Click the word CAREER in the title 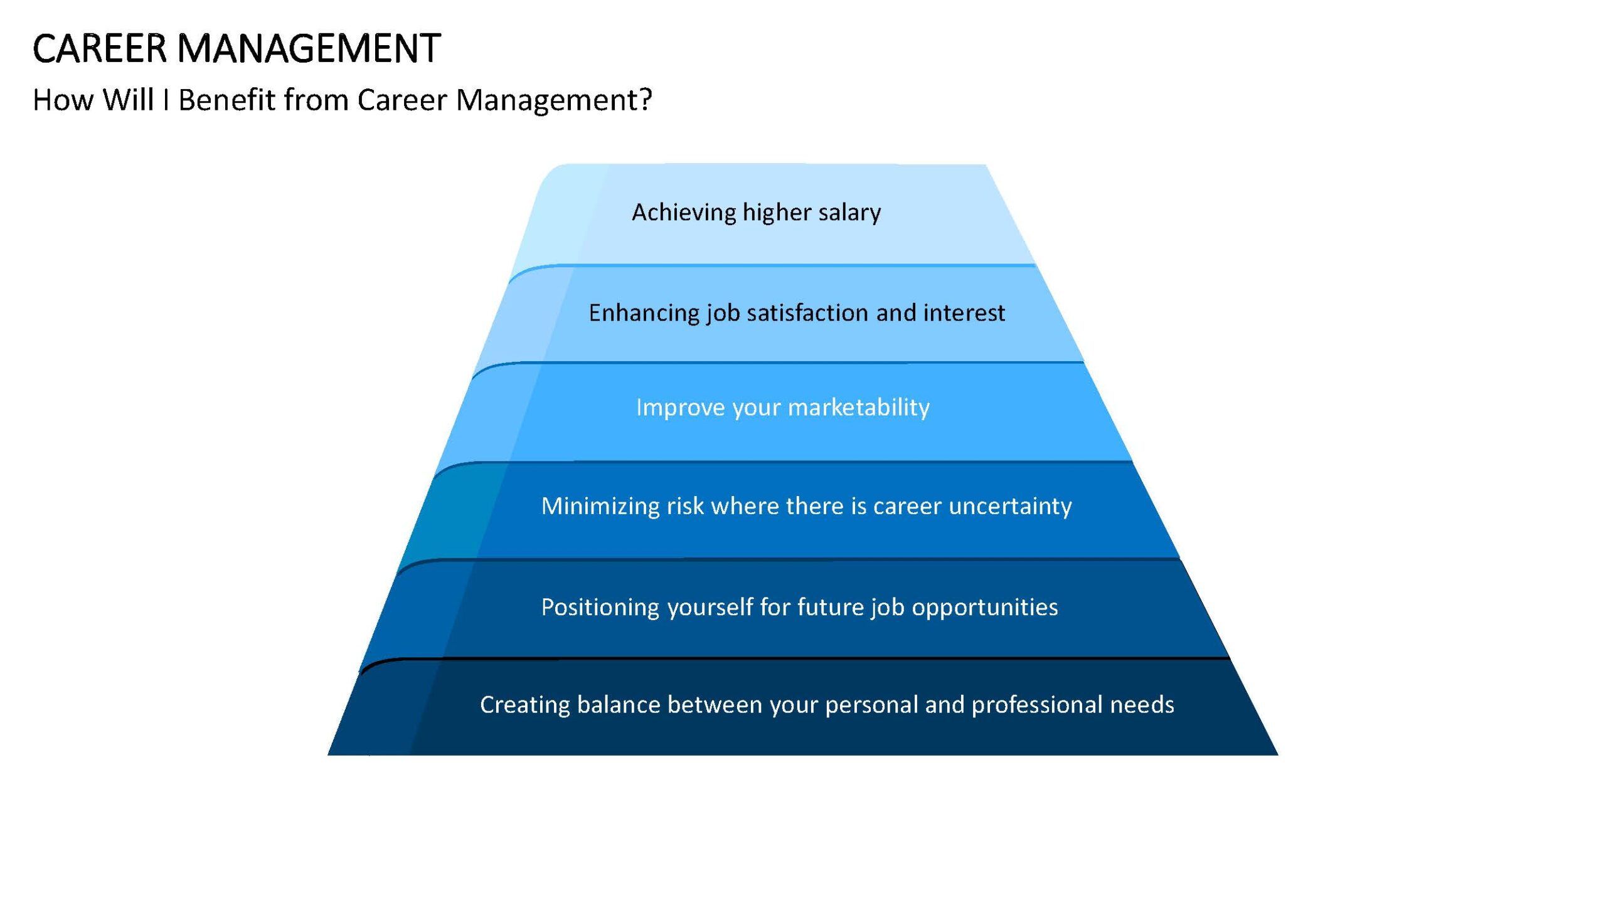[x=100, y=48]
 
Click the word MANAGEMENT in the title [x=309, y=48]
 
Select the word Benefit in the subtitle [x=227, y=99]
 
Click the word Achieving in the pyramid [x=684, y=213]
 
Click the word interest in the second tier [x=964, y=312]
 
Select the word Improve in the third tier [x=681, y=408]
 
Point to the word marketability [x=859, y=408]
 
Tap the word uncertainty [x=1010, y=506]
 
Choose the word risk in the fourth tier [x=685, y=505]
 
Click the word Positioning [x=600, y=608]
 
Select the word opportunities [x=985, y=608]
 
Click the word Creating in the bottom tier [x=525, y=705]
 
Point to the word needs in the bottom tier [x=1142, y=705]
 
